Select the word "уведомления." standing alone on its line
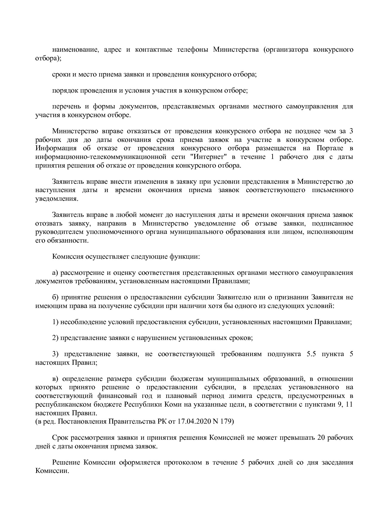coord(57,199)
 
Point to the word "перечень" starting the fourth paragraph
coord(66,106)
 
